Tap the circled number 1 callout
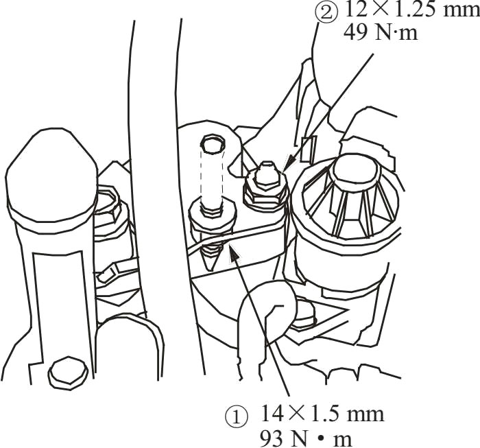pos(236,417)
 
